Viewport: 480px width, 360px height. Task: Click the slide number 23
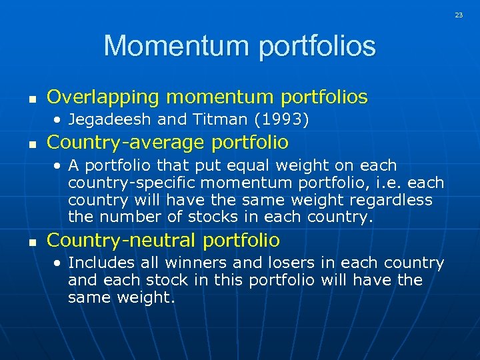[x=459, y=14]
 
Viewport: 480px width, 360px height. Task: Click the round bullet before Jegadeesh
[x=59, y=121]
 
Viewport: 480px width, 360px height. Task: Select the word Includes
[x=97, y=263]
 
